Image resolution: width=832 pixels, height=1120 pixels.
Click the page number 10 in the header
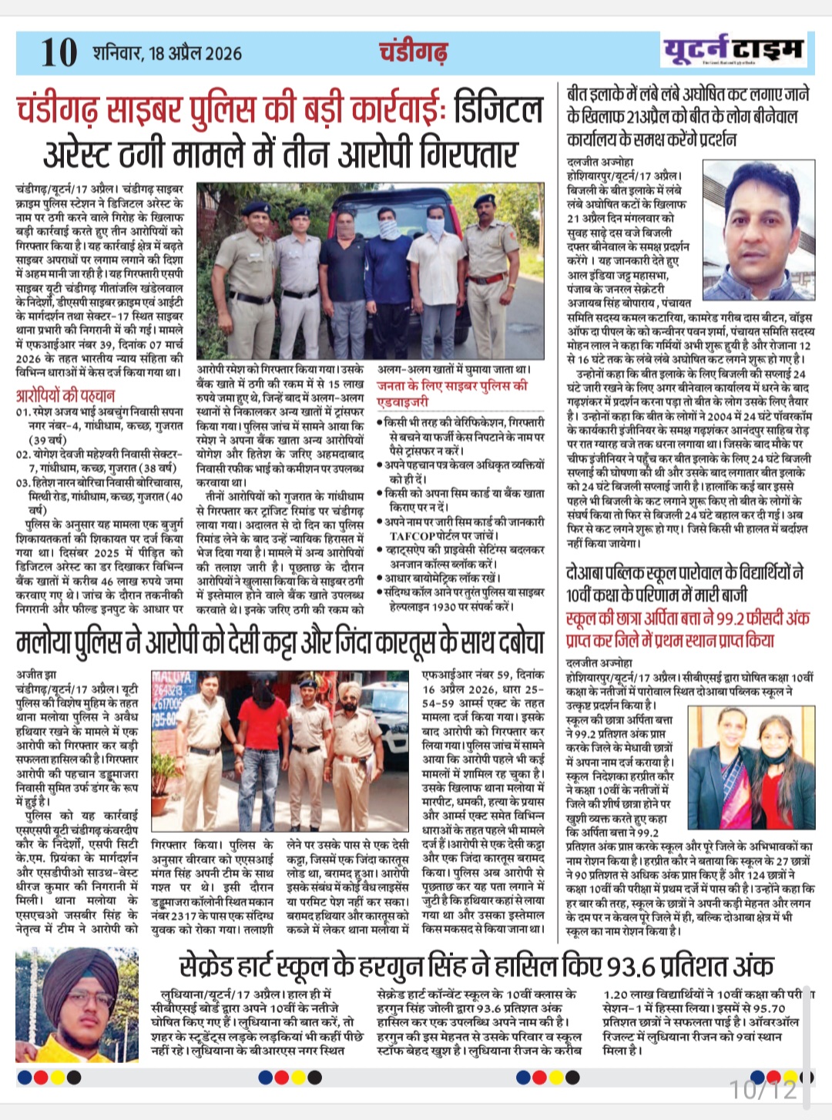59,52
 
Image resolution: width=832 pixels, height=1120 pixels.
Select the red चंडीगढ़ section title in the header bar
413,52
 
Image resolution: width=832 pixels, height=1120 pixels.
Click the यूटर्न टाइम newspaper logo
733,50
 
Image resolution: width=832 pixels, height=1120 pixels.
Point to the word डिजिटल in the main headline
498,110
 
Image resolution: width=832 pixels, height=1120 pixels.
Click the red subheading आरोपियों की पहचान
65,396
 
